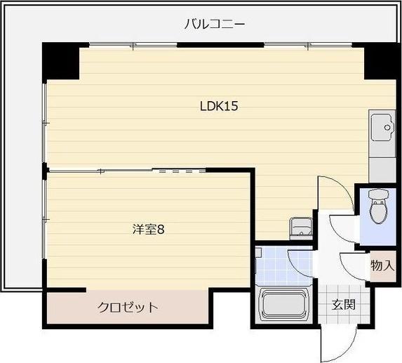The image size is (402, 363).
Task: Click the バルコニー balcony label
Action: [x=214, y=25]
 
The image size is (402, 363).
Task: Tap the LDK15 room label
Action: [x=220, y=107]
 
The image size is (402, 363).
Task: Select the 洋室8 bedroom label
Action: [x=148, y=229]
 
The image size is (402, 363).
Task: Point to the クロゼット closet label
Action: [x=127, y=307]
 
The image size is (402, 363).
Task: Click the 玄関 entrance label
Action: [x=343, y=305]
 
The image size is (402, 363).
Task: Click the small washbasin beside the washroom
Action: [x=301, y=227]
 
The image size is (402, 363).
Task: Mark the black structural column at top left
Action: [x=60, y=60]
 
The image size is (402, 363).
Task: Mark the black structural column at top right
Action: [x=379, y=60]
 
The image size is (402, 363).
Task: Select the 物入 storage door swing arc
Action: [x=354, y=265]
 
